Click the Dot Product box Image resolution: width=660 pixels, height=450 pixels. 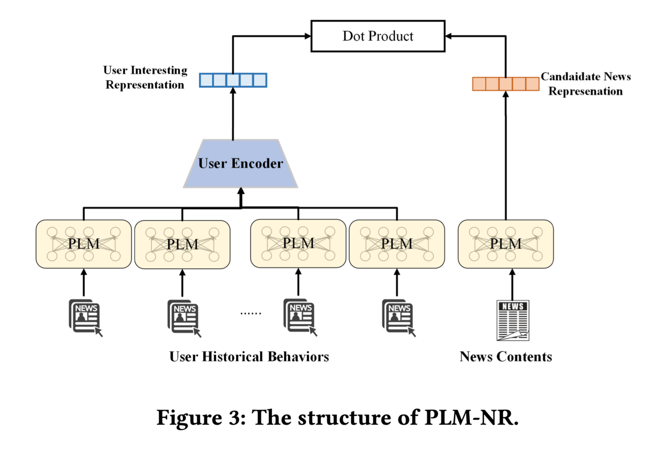[378, 36]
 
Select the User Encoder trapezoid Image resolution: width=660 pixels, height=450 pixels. [240, 164]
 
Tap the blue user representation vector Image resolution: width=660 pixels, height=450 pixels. [233, 80]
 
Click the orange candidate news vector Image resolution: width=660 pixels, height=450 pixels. [506, 84]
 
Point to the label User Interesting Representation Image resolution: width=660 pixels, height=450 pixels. [145, 78]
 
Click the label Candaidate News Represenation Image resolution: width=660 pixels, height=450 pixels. [586, 84]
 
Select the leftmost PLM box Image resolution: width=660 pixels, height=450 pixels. [84, 244]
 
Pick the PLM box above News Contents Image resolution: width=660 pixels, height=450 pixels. [506, 244]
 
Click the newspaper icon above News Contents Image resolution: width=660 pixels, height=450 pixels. [513, 321]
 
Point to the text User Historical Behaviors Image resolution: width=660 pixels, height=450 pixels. [249, 356]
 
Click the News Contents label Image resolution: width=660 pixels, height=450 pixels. [506, 356]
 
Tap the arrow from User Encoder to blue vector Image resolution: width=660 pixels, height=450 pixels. [233, 114]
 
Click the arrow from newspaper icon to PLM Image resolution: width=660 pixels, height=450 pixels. [513, 283]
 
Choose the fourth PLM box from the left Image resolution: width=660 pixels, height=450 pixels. [396, 244]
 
